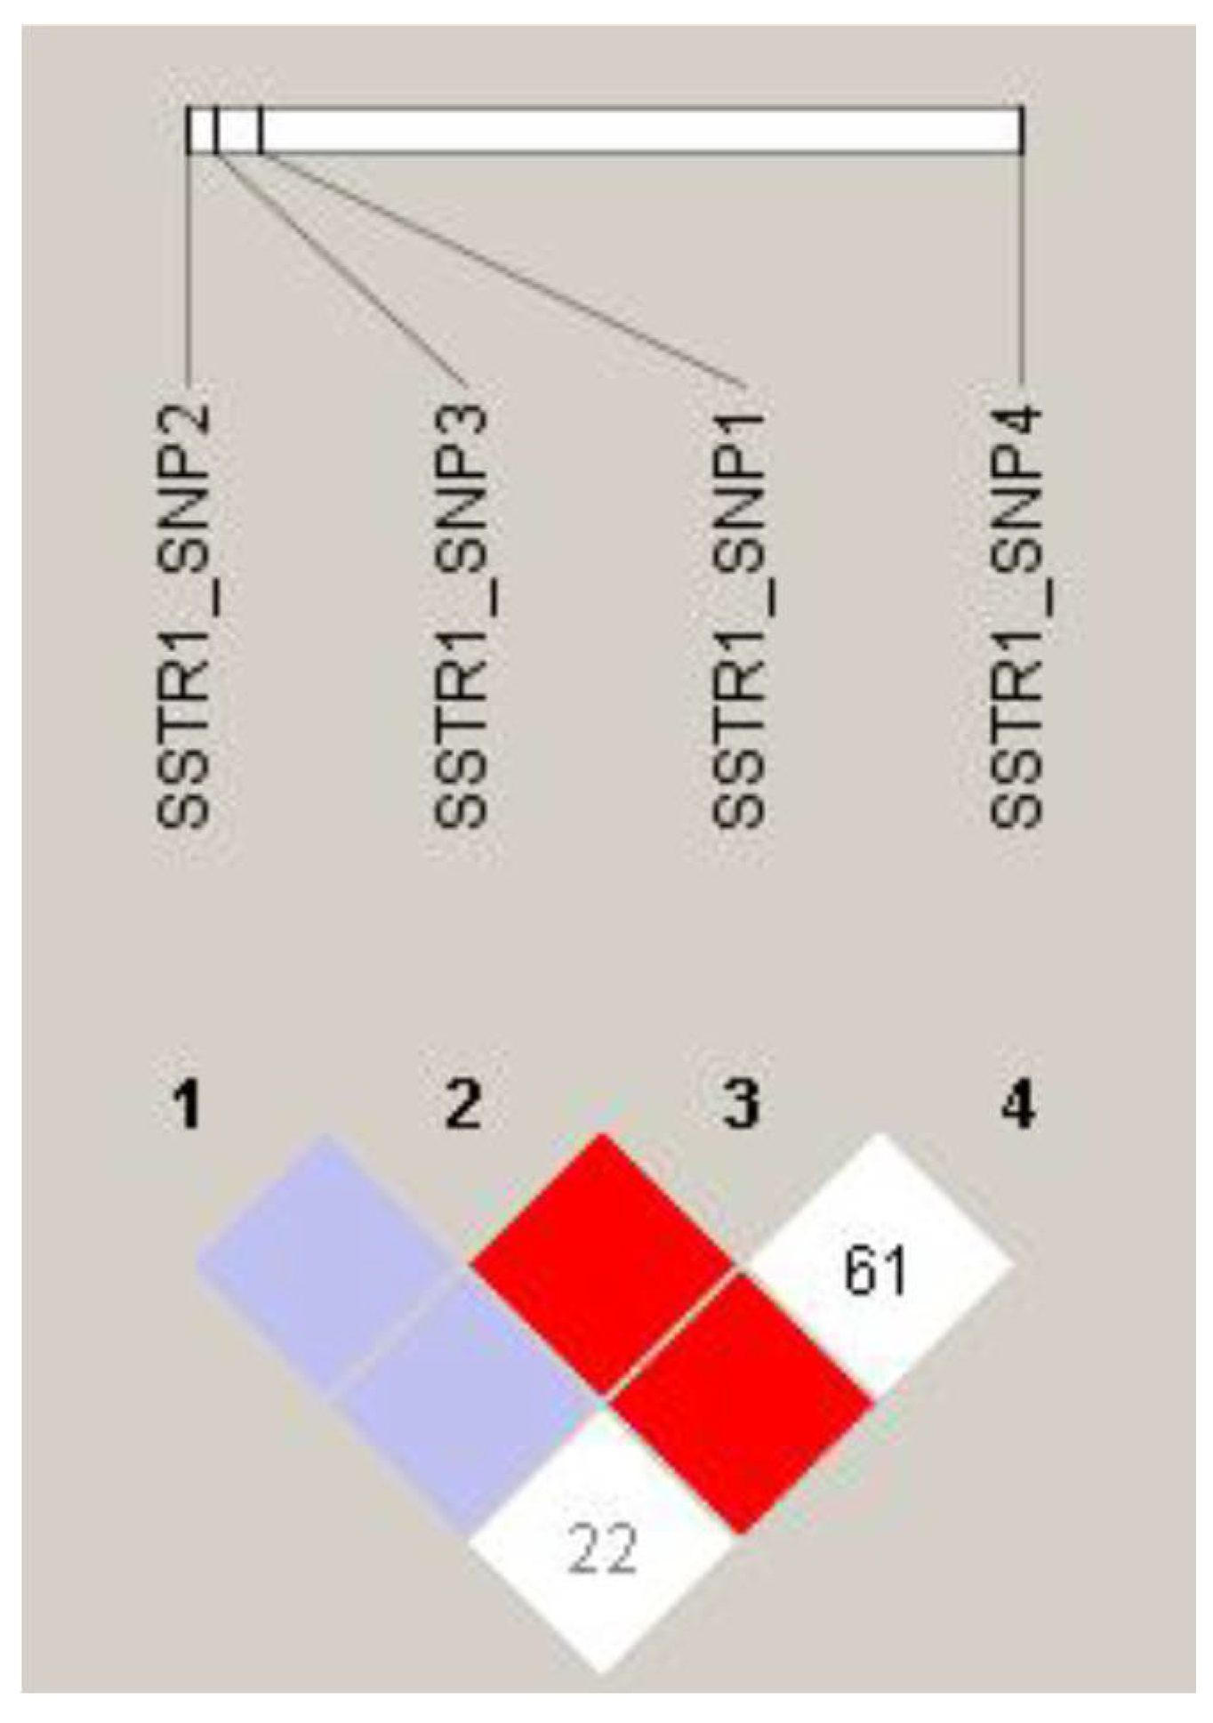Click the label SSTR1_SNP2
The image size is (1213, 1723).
tap(184, 616)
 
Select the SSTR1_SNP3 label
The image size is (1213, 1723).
tap(462, 616)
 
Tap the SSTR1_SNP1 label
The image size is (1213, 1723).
tap(739, 616)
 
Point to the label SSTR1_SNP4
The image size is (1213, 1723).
tap(1016, 616)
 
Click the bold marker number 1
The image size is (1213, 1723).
tap(186, 1107)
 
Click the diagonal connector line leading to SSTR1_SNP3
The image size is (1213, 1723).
tap(338, 267)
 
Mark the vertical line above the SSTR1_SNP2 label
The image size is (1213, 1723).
tap(189, 267)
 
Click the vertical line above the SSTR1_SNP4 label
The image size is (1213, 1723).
tap(1022, 267)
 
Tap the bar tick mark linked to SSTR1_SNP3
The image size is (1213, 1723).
tap(216, 131)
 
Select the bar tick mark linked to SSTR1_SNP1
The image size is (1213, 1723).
tap(261, 131)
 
